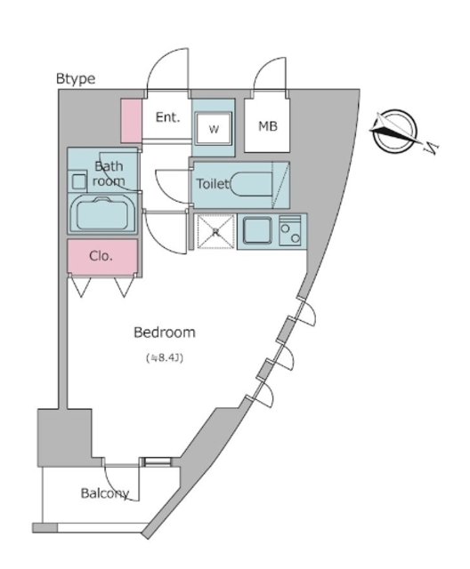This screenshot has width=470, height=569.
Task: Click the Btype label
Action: click(76, 78)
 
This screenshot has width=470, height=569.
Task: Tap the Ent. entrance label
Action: click(167, 117)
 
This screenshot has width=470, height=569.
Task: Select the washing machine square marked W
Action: click(214, 128)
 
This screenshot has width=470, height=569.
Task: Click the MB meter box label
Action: click(268, 126)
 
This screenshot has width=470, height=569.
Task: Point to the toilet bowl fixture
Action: click(251, 184)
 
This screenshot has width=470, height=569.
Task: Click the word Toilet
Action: click(213, 184)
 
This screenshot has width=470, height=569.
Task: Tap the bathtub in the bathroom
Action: click(102, 214)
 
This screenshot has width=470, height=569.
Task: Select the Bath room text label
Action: click(109, 173)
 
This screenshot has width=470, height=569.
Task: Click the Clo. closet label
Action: click(101, 256)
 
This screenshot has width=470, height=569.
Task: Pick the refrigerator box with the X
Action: click(215, 231)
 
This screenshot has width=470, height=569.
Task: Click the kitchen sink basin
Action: click(257, 230)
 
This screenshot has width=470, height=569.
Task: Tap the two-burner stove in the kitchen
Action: click(290, 230)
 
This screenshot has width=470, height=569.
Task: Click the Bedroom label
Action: click(165, 333)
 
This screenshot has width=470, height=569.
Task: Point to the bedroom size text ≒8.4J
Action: click(165, 357)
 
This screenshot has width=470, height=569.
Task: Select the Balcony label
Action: click(105, 493)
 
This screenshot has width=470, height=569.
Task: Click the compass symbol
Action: click(394, 131)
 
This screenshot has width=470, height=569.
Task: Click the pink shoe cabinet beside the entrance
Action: click(131, 121)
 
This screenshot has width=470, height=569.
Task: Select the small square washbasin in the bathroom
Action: click(78, 181)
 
